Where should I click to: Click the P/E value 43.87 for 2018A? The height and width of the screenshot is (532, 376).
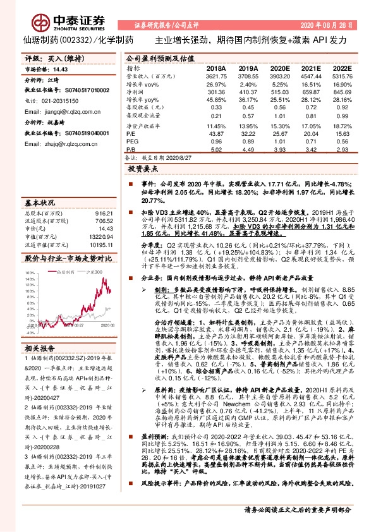(x=217, y=133)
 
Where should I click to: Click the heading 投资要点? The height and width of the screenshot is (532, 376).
(x=142, y=169)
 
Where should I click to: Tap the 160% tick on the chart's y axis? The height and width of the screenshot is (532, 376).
(x=29, y=274)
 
